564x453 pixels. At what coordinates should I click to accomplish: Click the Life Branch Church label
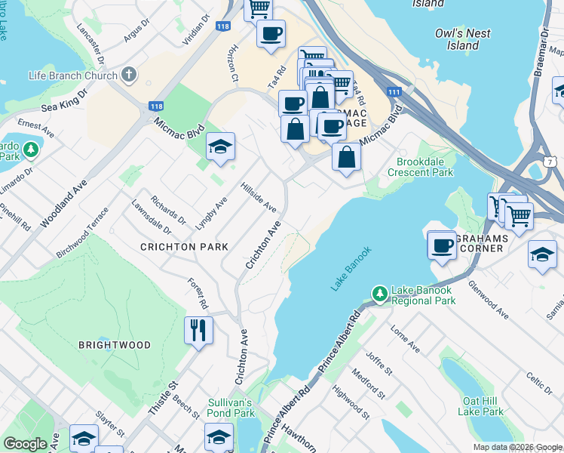pyautogui.click(x=72, y=75)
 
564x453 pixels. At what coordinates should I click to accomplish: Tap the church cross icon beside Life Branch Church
pyautogui.click(x=129, y=75)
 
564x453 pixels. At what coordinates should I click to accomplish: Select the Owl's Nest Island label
pyautogui.click(x=463, y=39)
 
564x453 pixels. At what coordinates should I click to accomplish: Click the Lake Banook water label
pyautogui.click(x=351, y=269)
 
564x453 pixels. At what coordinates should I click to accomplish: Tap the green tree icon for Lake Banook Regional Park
pyautogui.click(x=381, y=292)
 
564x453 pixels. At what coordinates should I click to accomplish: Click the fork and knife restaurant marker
pyautogui.click(x=198, y=330)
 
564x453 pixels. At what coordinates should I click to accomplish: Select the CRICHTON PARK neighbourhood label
pyautogui.click(x=183, y=247)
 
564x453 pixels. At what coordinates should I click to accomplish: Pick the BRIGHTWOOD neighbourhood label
pyautogui.click(x=115, y=345)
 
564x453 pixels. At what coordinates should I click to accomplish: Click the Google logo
pyautogui.click(x=26, y=443)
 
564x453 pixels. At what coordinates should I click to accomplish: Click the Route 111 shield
pyautogui.click(x=394, y=91)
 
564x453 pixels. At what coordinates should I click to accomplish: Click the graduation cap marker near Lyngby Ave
pyautogui.click(x=220, y=146)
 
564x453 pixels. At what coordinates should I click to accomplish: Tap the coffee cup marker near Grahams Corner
pyautogui.click(x=441, y=245)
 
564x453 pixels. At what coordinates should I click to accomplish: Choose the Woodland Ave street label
pyautogui.click(x=60, y=203)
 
